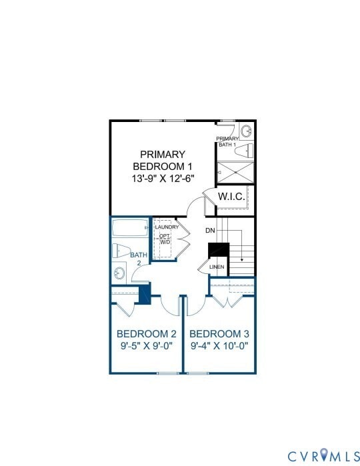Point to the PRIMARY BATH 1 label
227,141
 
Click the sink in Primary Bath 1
246,130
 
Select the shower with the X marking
236,171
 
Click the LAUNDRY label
166,227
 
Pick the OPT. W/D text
165,239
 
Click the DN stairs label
210,230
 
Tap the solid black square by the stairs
219,250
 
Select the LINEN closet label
217,267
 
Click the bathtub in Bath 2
130,228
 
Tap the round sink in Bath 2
119,273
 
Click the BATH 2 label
138,259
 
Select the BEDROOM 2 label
146,334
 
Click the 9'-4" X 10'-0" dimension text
219,346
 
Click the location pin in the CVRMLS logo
324,455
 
